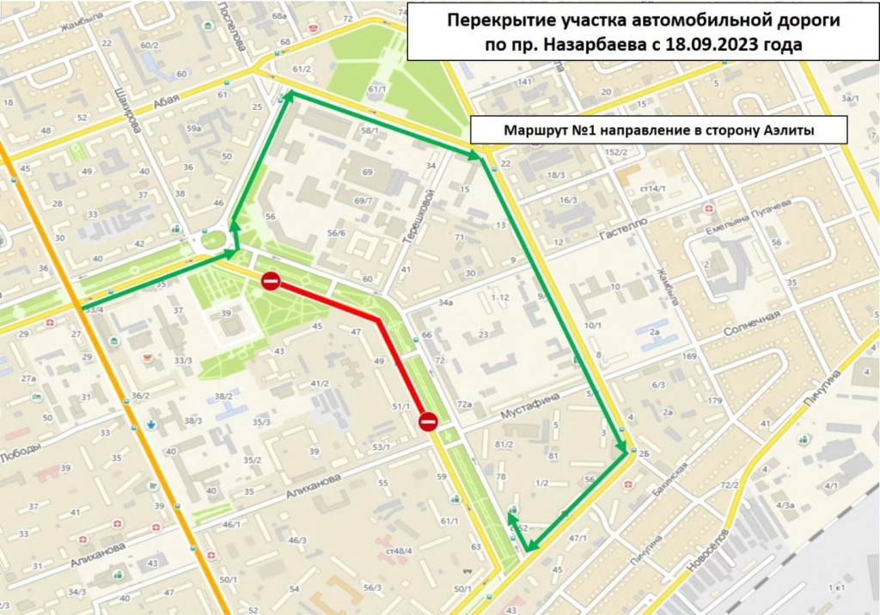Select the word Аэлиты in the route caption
785,131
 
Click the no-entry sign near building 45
271,281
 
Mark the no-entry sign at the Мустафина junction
428,421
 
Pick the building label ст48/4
400,551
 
